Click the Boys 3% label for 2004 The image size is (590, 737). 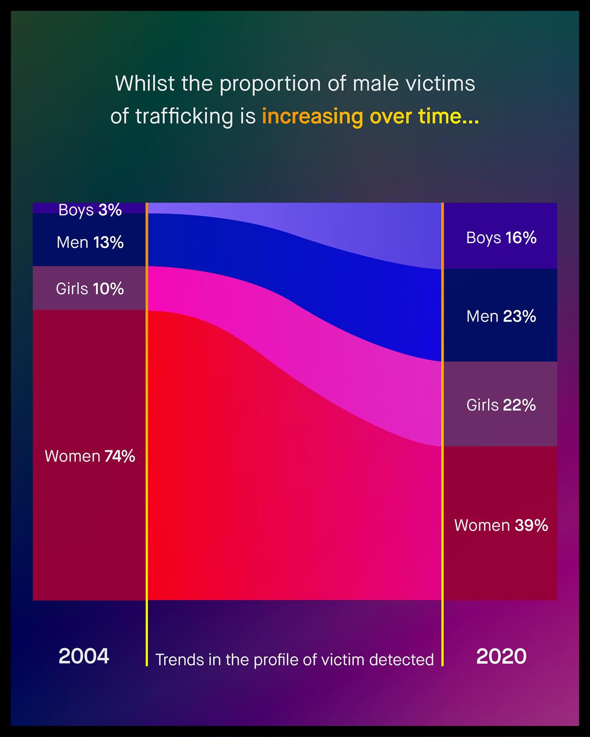(x=90, y=210)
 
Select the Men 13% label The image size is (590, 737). (x=90, y=242)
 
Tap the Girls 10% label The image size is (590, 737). (x=90, y=289)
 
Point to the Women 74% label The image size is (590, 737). (x=90, y=456)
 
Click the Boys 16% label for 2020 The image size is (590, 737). (x=501, y=238)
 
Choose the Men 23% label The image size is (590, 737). (x=501, y=316)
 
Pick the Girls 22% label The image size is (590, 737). (x=501, y=405)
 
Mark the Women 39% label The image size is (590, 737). (x=501, y=525)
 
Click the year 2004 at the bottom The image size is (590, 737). (x=84, y=656)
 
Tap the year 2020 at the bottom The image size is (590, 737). (x=501, y=656)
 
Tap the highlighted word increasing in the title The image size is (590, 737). (x=313, y=116)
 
